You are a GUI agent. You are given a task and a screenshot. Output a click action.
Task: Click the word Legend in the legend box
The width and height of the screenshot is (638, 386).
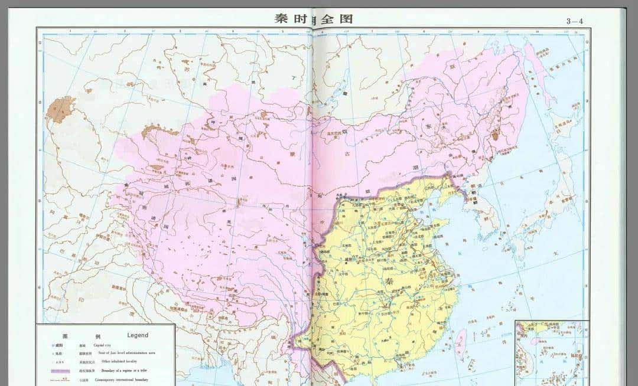point(138,335)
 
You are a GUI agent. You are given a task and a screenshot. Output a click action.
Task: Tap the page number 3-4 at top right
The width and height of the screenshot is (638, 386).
point(574,21)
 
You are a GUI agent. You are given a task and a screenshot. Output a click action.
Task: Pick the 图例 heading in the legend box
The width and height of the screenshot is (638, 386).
point(89,335)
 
